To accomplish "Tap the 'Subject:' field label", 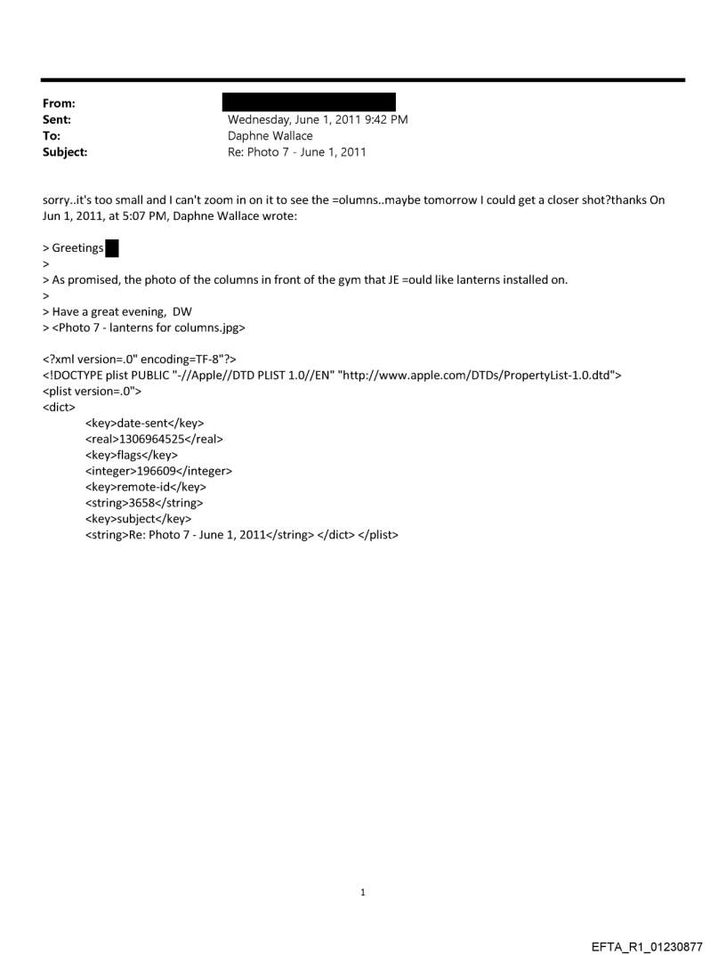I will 64,152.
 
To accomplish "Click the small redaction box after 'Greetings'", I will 112,248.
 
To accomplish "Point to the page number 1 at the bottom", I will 363,892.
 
